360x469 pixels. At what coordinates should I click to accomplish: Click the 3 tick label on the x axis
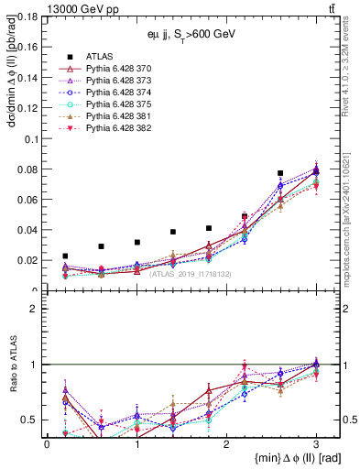316,444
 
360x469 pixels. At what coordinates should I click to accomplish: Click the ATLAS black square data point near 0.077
280,173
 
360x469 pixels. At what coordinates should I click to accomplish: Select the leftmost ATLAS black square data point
65,256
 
